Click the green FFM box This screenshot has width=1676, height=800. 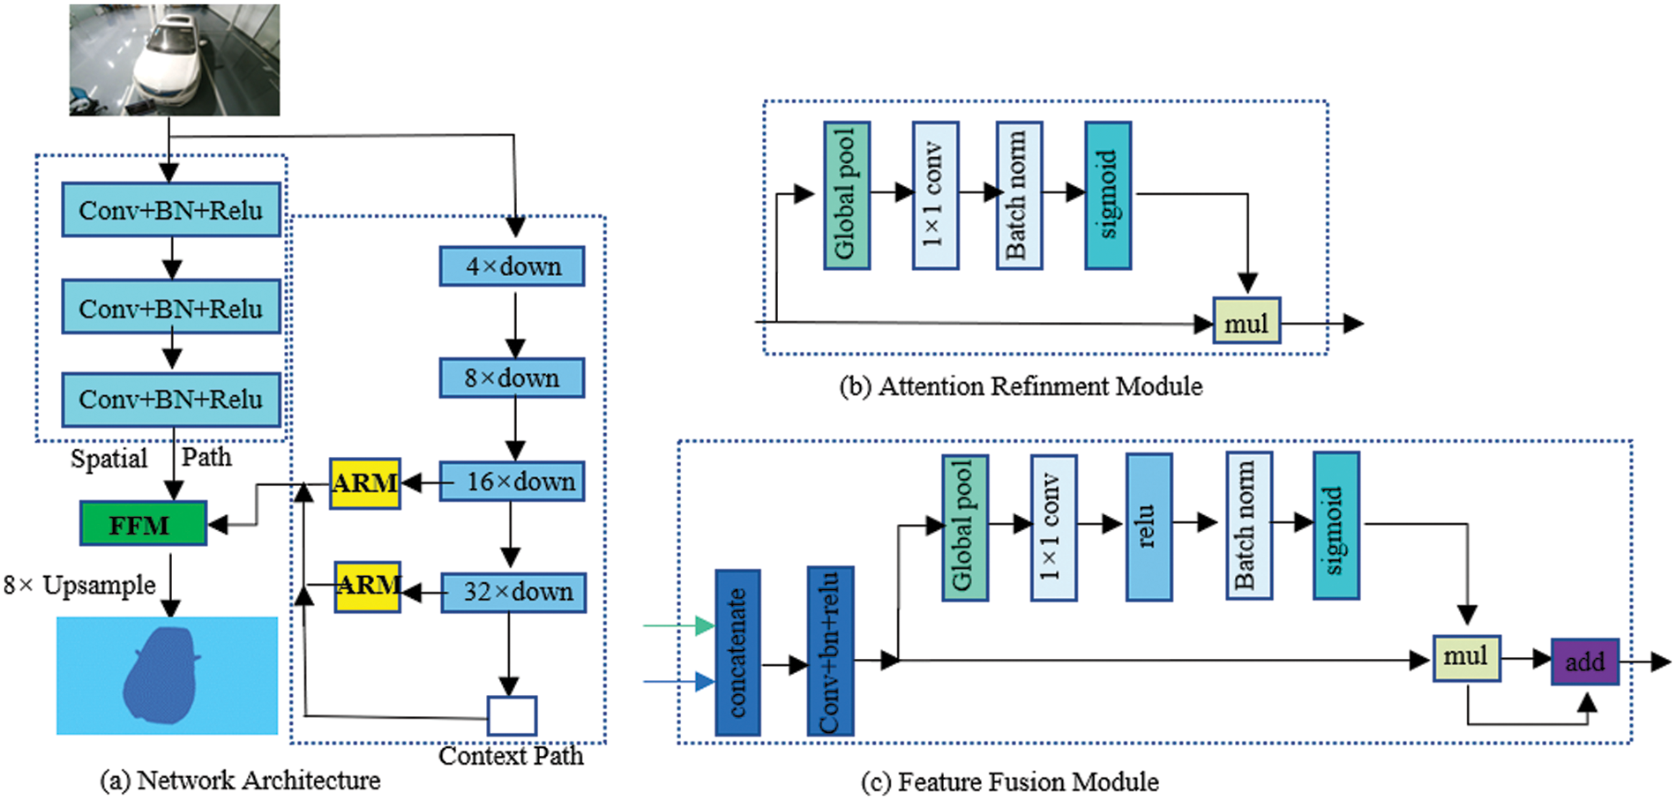tap(143, 523)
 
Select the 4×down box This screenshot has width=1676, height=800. tap(512, 265)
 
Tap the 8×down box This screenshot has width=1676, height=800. tap(512, 378)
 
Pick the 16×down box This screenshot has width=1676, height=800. tap(512, 482)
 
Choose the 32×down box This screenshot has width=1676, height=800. tap(513, 592)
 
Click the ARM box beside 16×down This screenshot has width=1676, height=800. tap(365, 483)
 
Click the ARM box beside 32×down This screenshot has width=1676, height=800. tap(368, 587)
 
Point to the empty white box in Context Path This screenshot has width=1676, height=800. tap(512, 715)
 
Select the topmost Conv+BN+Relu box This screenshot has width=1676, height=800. tap(171, 210)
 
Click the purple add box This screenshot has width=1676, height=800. tap(1585, 662)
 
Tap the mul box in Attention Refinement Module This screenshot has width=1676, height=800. tap(1246, 320)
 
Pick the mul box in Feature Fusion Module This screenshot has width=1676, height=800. tap(1466, 658)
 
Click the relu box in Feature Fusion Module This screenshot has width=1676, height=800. tap(1149, 527)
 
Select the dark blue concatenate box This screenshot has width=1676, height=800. tap(737, 653)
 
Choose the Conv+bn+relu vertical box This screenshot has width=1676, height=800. tap(830, 652)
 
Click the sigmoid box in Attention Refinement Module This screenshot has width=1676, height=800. tap(1108, 195)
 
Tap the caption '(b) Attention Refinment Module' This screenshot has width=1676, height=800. tap(1021, 386)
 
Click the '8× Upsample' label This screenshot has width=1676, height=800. tap(79, 586)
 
